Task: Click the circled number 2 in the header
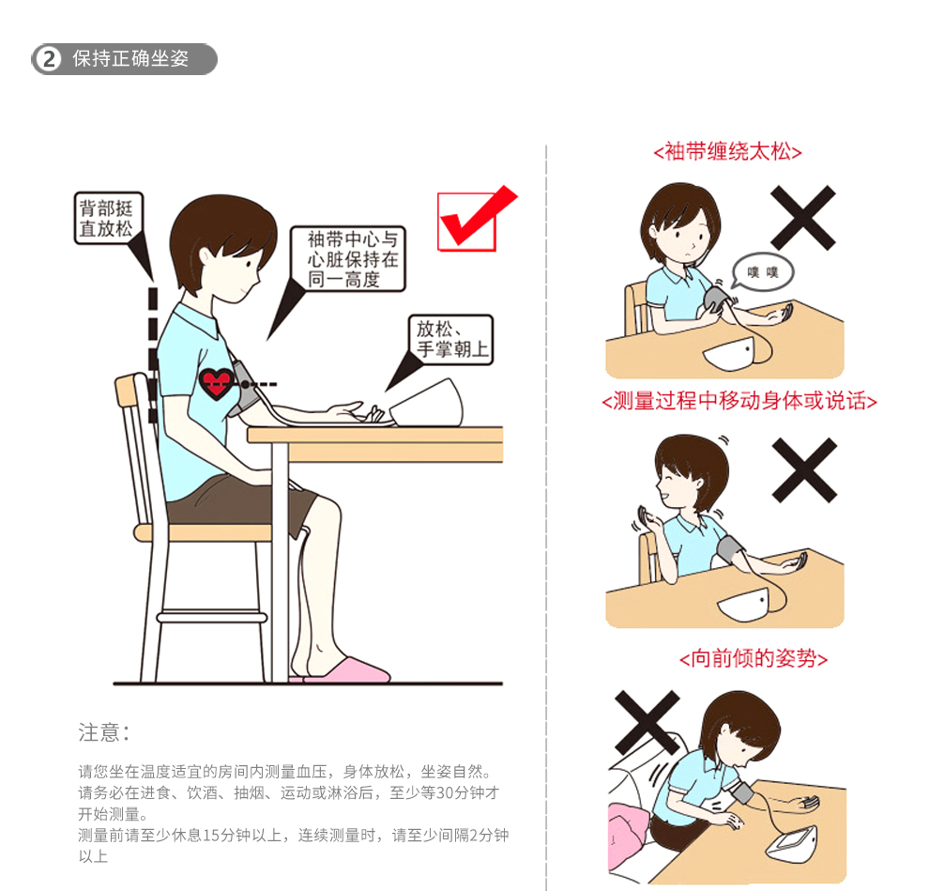point(49,59)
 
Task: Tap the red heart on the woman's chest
point(216,383)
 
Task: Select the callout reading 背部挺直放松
point(109,218)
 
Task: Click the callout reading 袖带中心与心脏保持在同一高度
point(348,259)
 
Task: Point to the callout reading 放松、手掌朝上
point(450,340)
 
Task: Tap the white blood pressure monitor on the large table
point(427,403)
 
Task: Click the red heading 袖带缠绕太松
point(727,152)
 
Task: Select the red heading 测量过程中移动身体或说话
point(739,401)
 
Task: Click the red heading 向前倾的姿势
point(753,658)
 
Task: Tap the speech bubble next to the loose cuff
point(763,272)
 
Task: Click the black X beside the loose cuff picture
point(803,218)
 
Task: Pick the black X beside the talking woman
point(804,470)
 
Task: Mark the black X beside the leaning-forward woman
point(647,723)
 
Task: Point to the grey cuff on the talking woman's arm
point(730,551)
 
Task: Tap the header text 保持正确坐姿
point(130,59)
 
